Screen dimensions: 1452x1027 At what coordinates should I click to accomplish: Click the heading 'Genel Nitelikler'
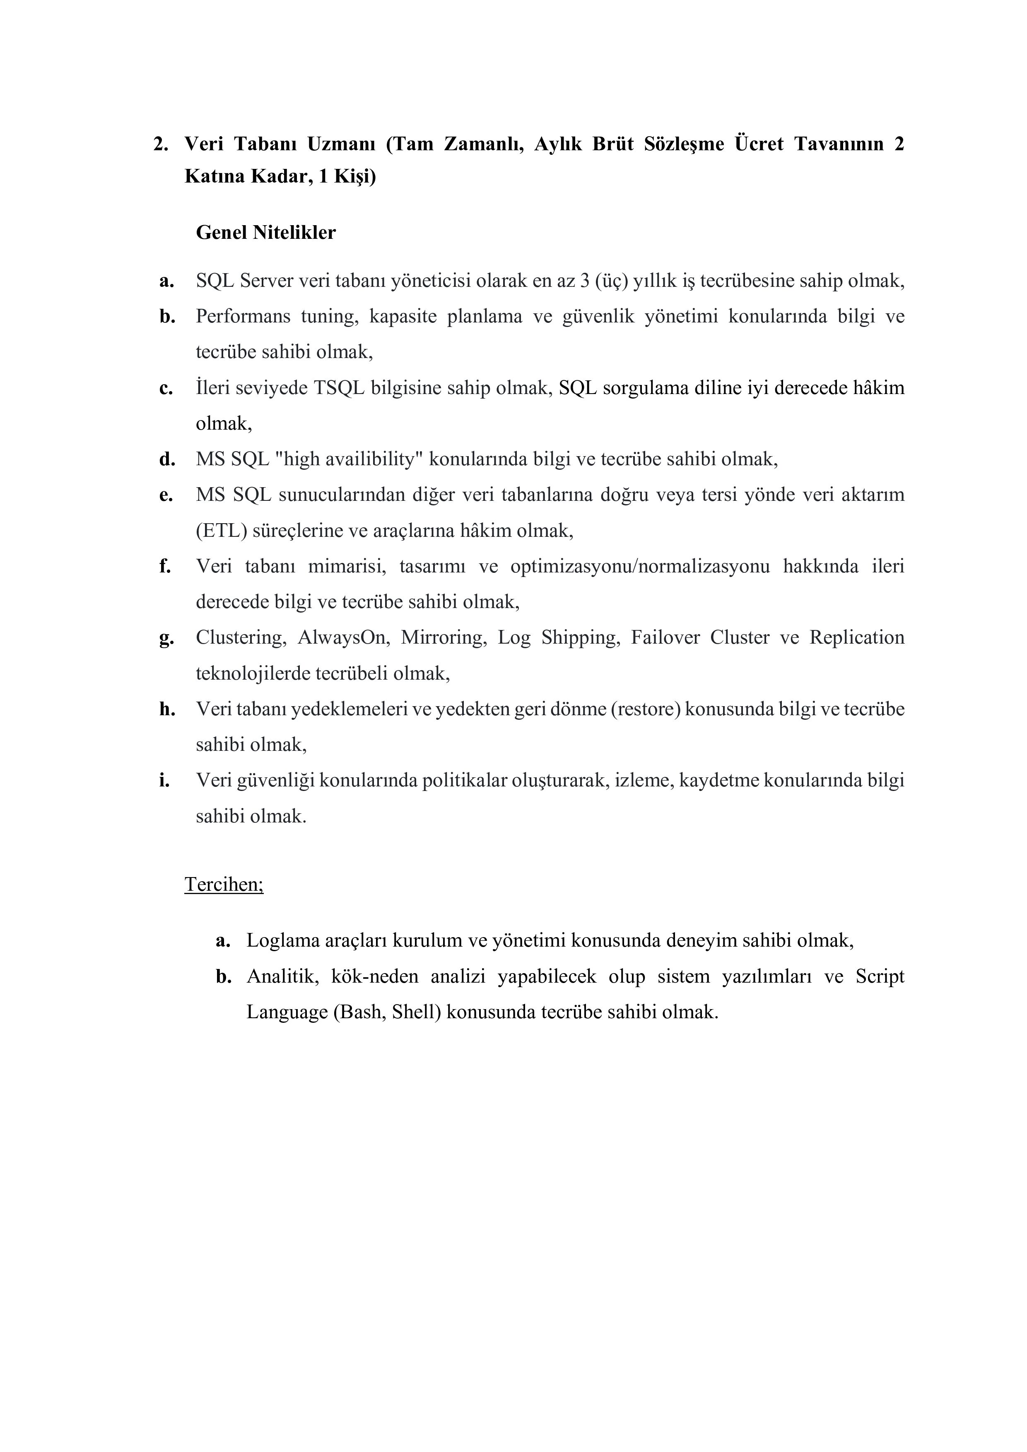pyautogui.click(x=266, y=233)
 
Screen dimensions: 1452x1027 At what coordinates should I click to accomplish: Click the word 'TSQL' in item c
pyautogui.click(x=338, y=388)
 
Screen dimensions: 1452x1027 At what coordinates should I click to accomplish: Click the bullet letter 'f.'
pyautogui.click(x=165, y=566)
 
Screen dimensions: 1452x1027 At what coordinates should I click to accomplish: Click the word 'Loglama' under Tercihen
pyautogui.click(x=282, y=940)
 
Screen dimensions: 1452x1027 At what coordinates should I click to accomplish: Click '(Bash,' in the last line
pyautogui.click(x=359, y=1012)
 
